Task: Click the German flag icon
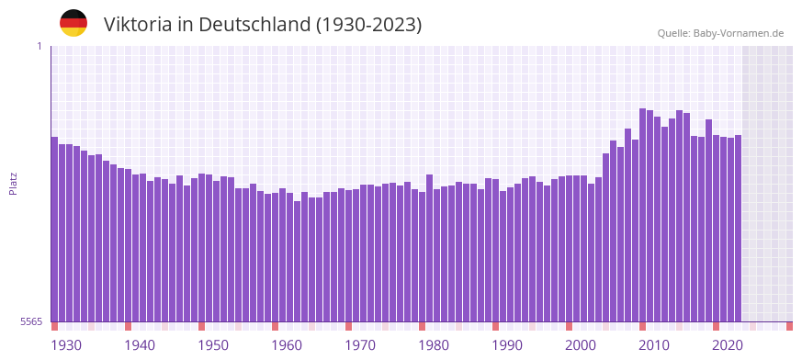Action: tap(73, 23)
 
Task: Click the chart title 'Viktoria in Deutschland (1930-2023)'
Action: tap(263, 25)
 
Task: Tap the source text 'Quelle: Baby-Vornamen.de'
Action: tap(720, 33)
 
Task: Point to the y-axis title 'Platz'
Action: tap(13, 183)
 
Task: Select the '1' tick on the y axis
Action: tap(39, 46)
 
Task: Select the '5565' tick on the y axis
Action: tap(31, 321)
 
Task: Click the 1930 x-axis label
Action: tap(66, 345)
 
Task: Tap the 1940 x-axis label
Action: tap(140, 345)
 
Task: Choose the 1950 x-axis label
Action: tap(213, 345)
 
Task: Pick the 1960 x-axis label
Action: tap(287, 345)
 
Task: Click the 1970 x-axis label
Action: tap(360, 345)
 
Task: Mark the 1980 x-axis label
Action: tap(434, 345)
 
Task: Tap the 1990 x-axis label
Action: tap(507, 345)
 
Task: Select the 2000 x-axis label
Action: tap(581, 345)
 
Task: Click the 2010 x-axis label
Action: tap(654, 345)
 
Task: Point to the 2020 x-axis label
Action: tap(728, 345)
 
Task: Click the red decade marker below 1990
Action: tap(495, 326)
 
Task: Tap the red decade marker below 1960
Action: tap(275, 326)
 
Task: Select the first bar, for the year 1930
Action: tap(54, 230)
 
